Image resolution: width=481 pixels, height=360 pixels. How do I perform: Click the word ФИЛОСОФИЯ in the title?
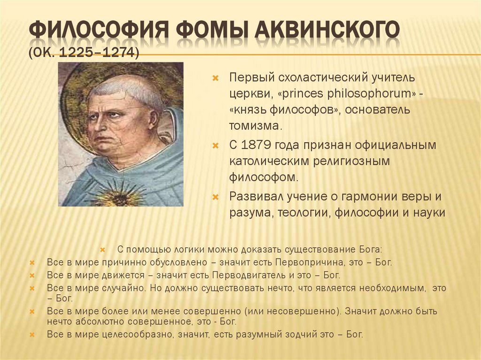click(x=98, y=31)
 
